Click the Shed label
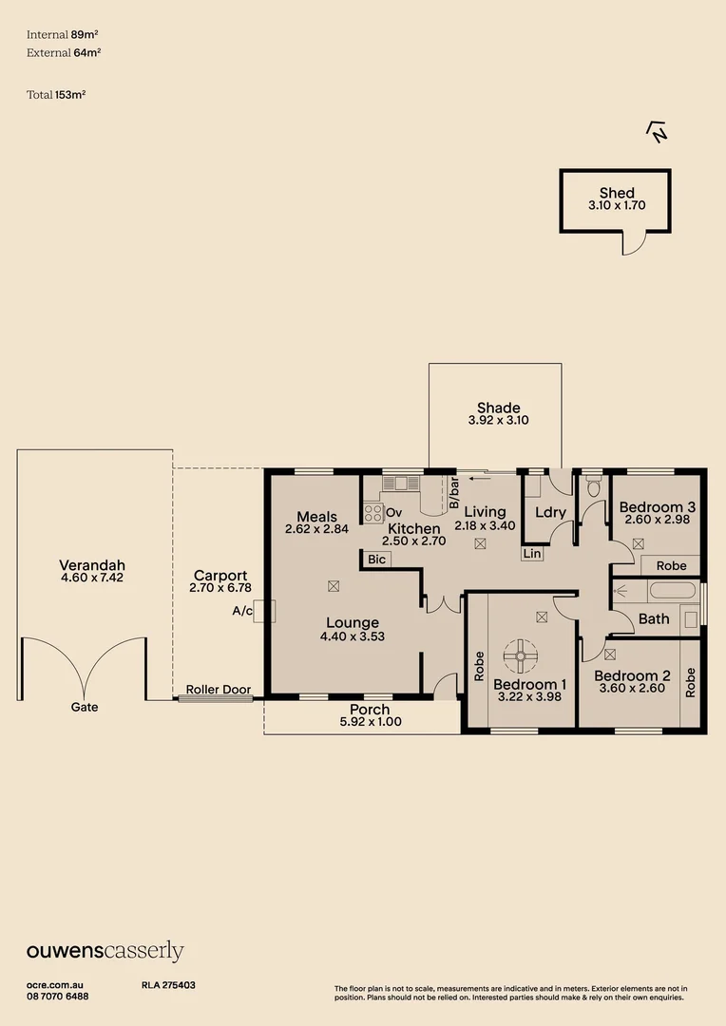(616, 193)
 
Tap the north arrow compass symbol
(656, 131)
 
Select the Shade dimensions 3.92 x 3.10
(498, 420)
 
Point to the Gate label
(84, 707)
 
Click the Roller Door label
(216, 690)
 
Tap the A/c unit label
(242, 611)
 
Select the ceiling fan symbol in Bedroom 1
(521, 654)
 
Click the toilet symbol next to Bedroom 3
(595, 488)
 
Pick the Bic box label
(376, 560)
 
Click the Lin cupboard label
(532, 553)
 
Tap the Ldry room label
(550, 512)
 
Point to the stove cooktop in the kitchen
(373, 514)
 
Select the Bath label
(654, 618)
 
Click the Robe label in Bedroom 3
(671, 565)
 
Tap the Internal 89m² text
(64, 34)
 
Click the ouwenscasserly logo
(105, 951)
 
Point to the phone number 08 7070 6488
(58, 996)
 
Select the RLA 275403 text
(168, 985)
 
